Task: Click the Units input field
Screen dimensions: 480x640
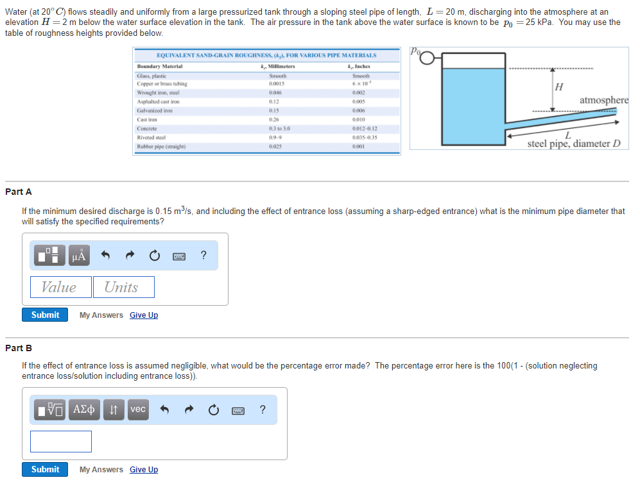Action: [x=123, y=287]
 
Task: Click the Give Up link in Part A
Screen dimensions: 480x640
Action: [x=143, y=315]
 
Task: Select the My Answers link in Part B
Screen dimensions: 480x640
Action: [x=101, y=469]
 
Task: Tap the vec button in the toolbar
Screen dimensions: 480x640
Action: [x=138, y=410]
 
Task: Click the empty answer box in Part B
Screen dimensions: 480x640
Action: [x=60, y=441]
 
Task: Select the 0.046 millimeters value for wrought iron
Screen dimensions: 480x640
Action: [x=277, y=92]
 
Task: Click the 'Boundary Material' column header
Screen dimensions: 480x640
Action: [x=160, y=67]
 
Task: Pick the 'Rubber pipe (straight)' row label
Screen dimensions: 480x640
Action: [x=159, y=146]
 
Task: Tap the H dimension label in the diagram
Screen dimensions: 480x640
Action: [x=558, y=87]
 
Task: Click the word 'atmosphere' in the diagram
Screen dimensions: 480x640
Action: [x=603, y=100]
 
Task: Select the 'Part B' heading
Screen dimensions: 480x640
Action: [x=19, y=348]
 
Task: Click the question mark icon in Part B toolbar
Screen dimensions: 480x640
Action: [x=262, y=410]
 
